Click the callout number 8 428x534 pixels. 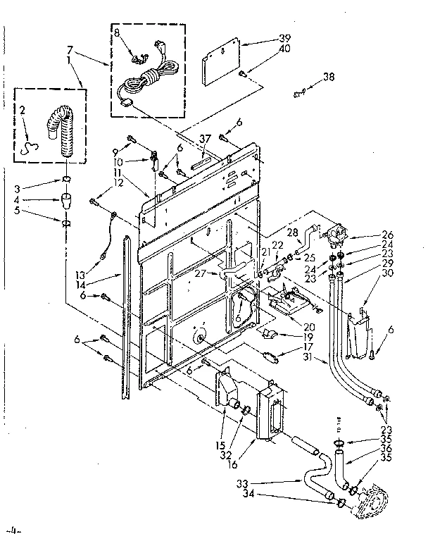click(117, 32)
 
